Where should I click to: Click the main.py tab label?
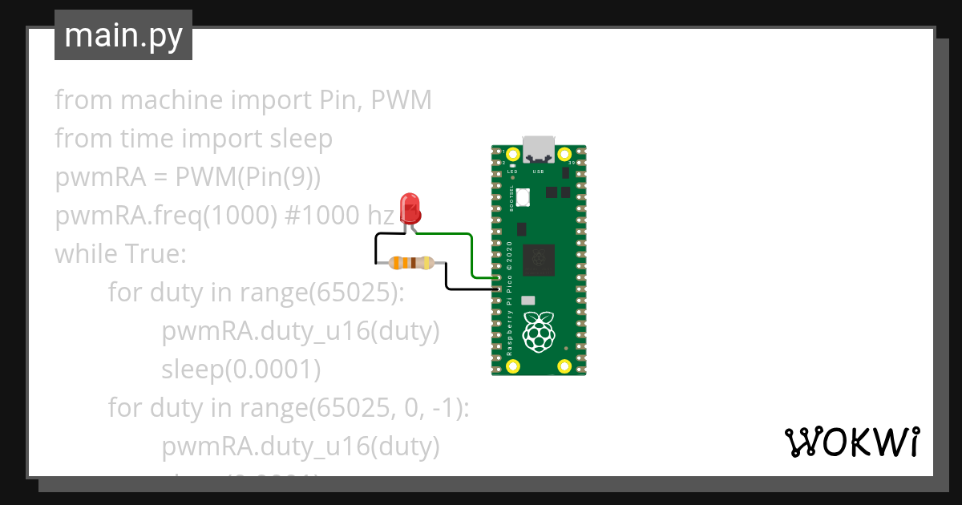tap(123, 35)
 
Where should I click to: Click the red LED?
tap(410, 207)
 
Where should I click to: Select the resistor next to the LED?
tap(410, 262)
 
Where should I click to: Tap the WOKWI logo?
tap(851, 442)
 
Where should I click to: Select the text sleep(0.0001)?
tap(241, 370)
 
